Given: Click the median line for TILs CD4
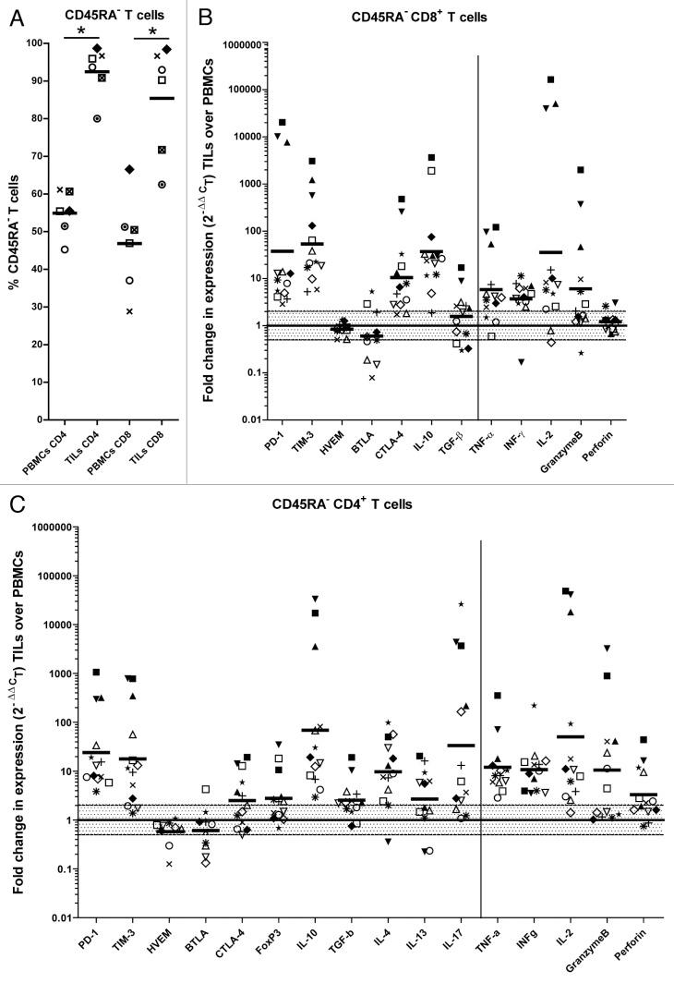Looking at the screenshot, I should point(96,71).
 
